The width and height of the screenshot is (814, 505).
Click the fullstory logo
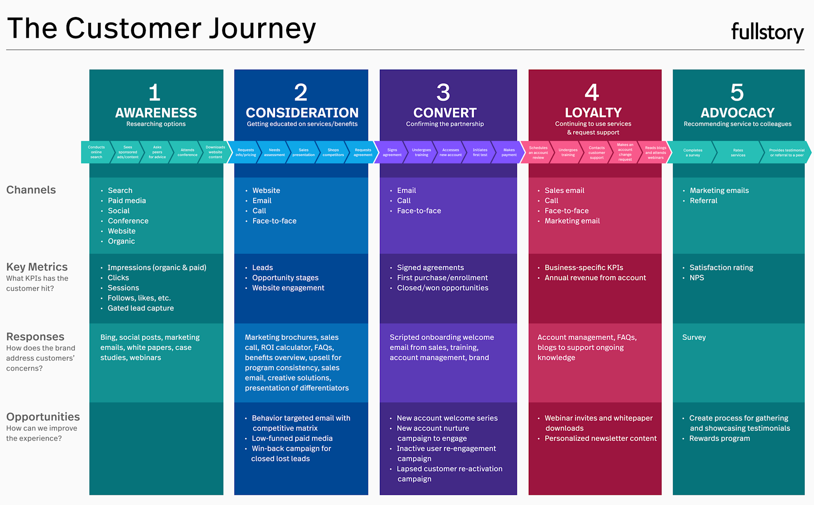pyautogui.click(x=767, y=32)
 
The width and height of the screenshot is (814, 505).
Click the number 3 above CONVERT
pyautogui.click(x=443, y=93)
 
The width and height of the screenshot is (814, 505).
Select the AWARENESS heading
pyautogui.click(x=156, y=113)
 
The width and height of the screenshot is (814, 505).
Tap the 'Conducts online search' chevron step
pyautogui.click(x=96, y=152)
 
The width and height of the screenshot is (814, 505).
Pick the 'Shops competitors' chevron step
pyautogui.click(x=333, y=152)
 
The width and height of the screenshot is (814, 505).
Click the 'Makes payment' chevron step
pyautogui.click(x=509, y=152)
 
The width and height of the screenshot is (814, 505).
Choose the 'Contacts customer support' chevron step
pyautogui.click(x=597, y=152)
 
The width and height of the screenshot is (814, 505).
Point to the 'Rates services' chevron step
pyautogui.click(x=738, y=152)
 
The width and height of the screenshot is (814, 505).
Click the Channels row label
pyautogui.click(x=31, y=190)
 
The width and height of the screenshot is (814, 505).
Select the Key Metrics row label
pyautogui.click(x=37, y=267)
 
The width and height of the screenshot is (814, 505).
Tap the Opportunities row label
pyautogui.click(x=43, y=417)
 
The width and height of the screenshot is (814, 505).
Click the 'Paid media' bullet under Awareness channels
pyautogui.click(x=127, y=201)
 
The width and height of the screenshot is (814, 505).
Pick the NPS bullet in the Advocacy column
pyautogui.click(x=697, y=278)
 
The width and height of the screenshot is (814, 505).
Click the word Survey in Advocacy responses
pyautogui.click(x=694, y=337)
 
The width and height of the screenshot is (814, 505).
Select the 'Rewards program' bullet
pyautogui.click(x=719, y=438)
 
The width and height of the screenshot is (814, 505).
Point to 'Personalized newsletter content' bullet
pyautogui.click(x=600, y=438)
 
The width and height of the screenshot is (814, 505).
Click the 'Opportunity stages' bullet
pyautogui.click(x=285, y=278)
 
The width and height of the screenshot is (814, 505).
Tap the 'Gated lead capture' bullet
pyautogui.click(x=141, y=308)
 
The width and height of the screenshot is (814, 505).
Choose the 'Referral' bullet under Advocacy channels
pyautogui.click(x=703, y=201)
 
